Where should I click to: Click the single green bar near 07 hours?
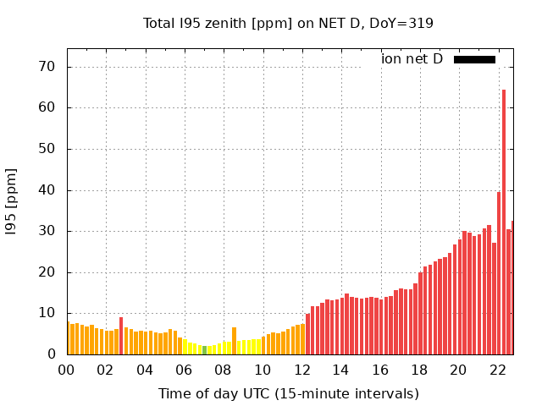[204, 350]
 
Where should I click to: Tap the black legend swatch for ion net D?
[474, 59]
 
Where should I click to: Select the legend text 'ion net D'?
[412, 59]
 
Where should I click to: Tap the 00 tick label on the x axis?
[66, 370]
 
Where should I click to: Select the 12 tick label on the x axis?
[301, 370]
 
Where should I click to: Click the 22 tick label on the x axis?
[498, 370]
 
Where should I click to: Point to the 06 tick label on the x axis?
[184, 370]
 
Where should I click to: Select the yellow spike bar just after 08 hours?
[234, 341]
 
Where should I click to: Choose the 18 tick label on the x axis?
[419, 370]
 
